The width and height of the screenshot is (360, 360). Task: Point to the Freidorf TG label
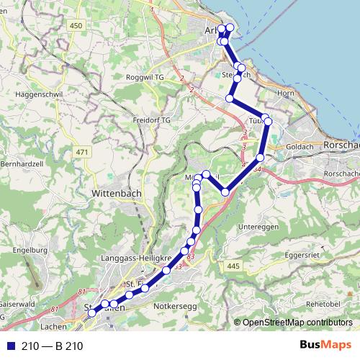coord(151,120)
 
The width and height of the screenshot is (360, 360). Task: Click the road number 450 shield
coord(76,26)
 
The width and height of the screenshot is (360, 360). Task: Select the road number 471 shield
coord(81,153)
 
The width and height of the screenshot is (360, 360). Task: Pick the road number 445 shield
coord(232,266)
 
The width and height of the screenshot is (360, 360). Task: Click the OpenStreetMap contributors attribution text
coord(297,322)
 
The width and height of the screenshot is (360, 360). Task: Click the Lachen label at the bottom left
coord(53,326)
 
